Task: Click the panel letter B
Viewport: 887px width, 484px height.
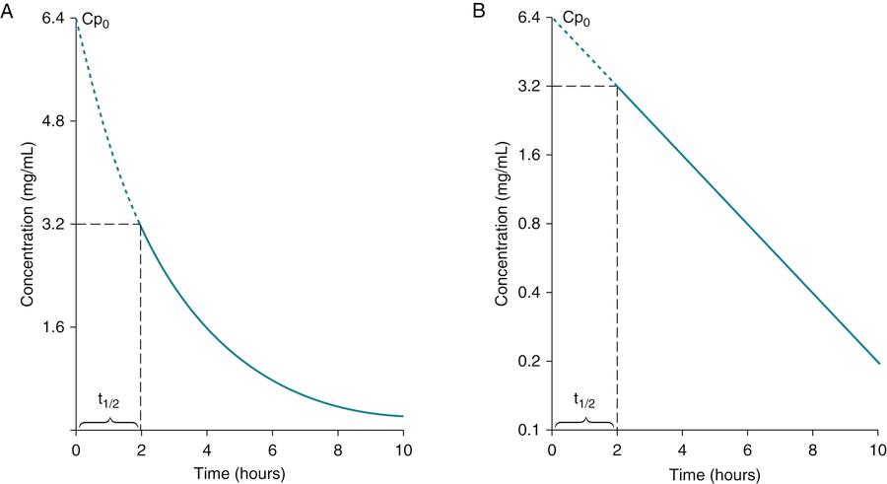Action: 480,11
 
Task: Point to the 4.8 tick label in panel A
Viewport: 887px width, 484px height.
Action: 52,121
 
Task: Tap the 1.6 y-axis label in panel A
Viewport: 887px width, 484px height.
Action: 52,327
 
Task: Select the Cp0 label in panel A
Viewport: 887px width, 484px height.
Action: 94,19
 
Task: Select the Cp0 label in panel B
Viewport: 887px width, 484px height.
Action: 573,19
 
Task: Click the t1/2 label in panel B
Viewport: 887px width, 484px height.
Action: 584,400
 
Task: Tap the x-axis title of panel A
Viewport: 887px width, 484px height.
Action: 239,473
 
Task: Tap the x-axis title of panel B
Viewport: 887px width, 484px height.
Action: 716,473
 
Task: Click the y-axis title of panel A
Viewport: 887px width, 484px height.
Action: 27,225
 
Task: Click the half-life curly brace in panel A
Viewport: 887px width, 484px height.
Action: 108,422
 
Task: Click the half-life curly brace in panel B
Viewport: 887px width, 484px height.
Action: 584,422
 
